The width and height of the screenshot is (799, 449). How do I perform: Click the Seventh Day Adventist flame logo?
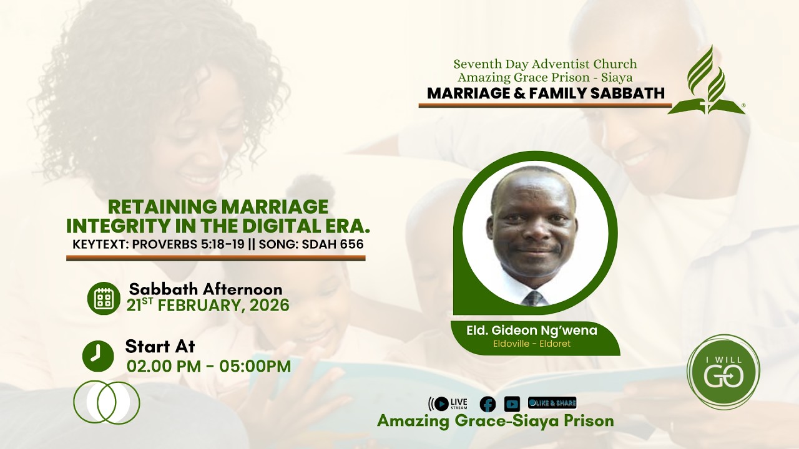[707, 81]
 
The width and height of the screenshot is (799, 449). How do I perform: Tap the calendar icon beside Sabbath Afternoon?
[104, 298]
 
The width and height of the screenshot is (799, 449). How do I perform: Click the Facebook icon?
[488, 403]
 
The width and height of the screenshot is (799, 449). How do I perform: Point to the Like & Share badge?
[552, 403]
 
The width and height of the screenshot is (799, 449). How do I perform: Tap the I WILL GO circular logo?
[723, 372]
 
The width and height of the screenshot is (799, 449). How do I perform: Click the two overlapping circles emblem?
[107, 402]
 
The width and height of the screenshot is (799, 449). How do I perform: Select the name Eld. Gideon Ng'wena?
[532, 331]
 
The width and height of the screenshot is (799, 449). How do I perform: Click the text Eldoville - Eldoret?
[532, 344]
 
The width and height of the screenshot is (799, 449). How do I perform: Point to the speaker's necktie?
[532, 298]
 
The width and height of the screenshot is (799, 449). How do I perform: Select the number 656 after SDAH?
[351, 244]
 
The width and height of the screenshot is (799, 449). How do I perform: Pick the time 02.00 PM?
[162, 366]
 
